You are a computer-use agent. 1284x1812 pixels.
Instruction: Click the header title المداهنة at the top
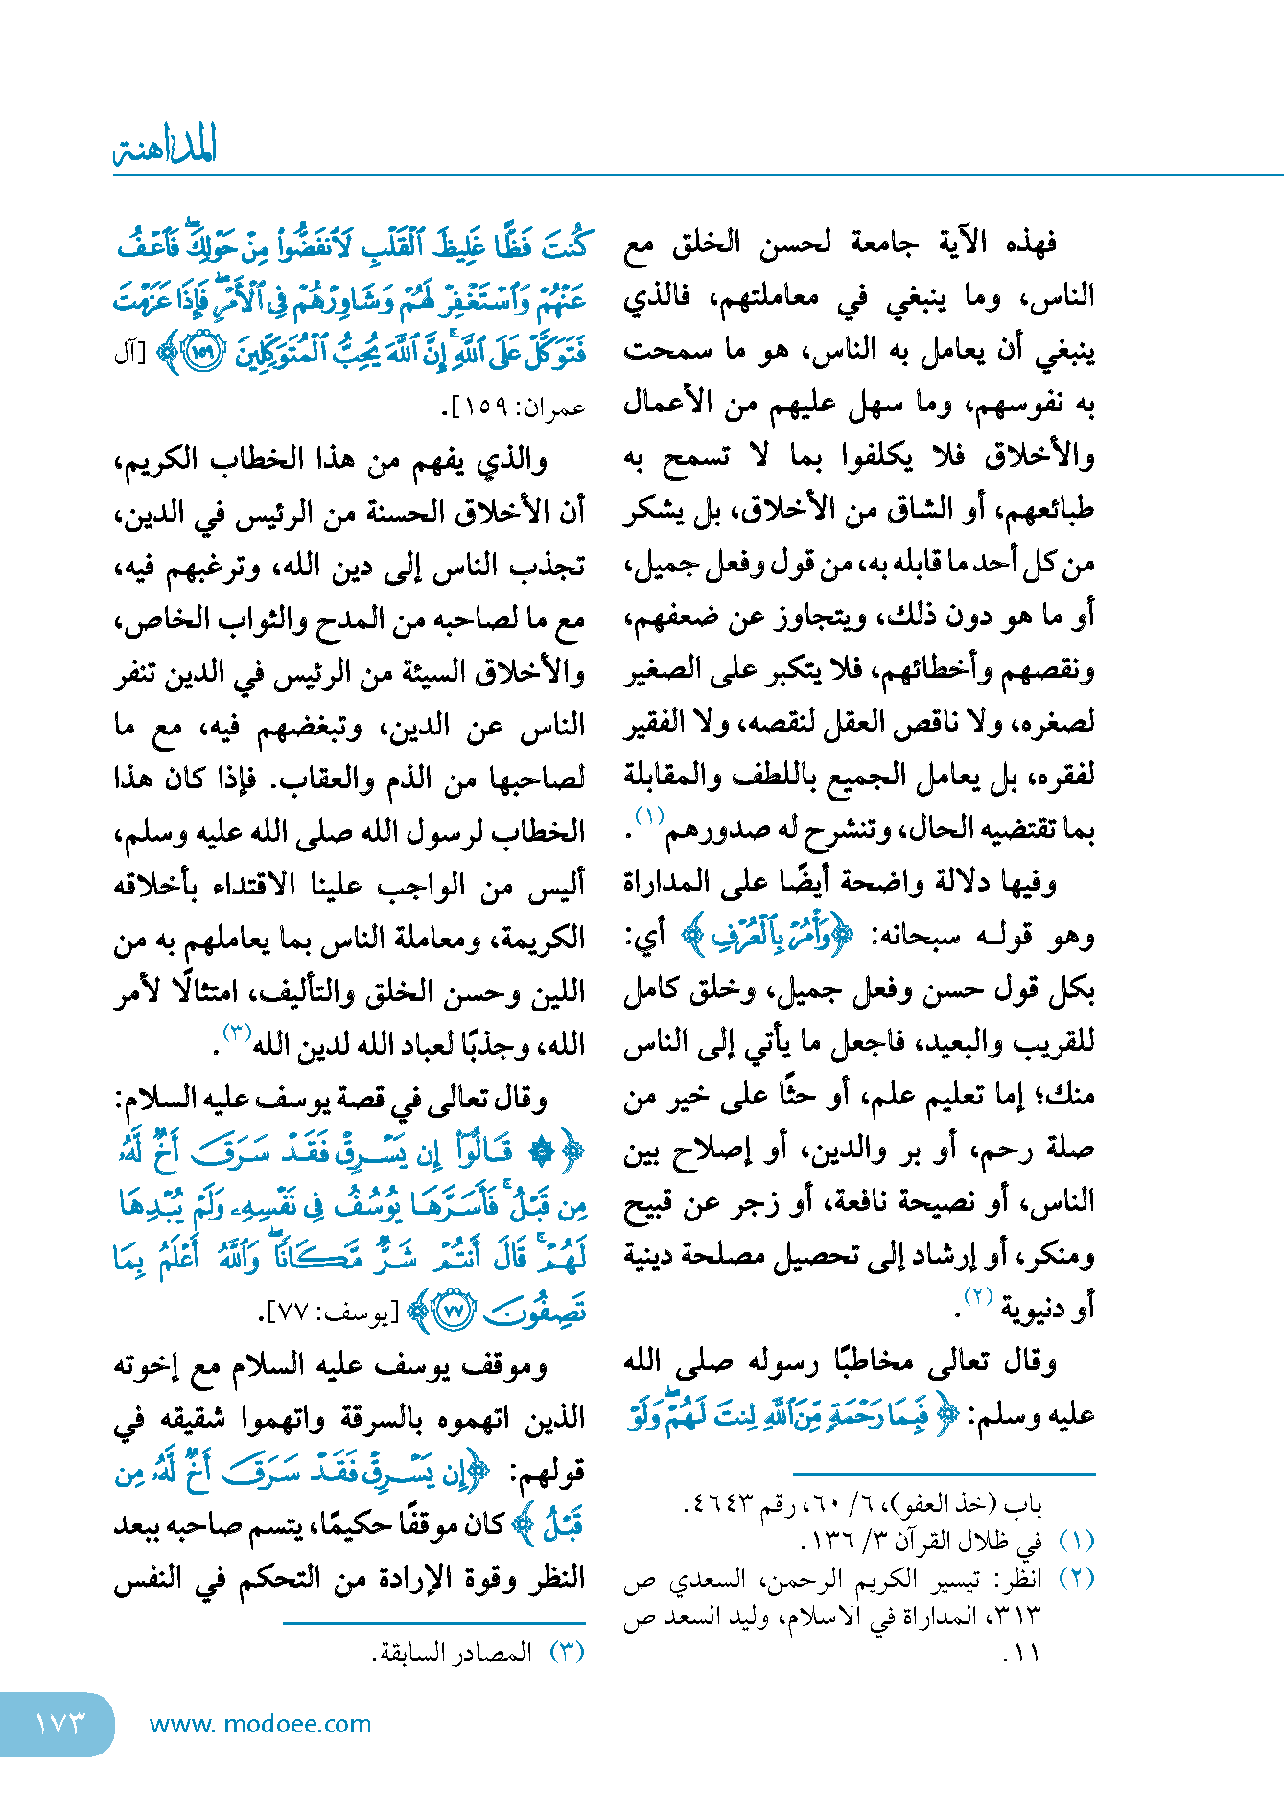tap(166, 146)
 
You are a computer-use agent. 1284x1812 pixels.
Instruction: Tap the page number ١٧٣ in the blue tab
tap(59, 1724)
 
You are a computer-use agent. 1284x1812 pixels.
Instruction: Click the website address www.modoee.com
tap(260, 1724)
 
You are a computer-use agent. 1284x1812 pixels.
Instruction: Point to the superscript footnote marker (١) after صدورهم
tap(649, 817)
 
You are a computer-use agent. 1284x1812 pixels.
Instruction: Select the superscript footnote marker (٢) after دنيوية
tap(976, 1296)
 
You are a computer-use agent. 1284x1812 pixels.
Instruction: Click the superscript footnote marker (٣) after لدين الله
tap(237, 1033)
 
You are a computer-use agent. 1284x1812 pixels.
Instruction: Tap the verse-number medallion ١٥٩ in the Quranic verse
tap(203, 352)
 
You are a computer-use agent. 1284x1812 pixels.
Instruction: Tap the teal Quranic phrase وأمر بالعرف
tap(767, 936)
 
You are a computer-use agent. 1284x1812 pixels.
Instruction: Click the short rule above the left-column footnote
tap(433, 1623)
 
